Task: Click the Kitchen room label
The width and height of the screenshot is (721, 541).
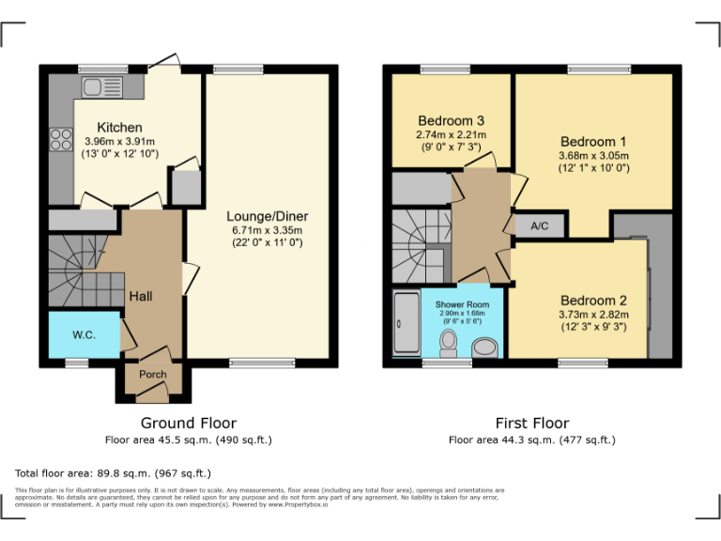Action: tap(120, 128)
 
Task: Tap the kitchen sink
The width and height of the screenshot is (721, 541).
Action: tap(98, 87)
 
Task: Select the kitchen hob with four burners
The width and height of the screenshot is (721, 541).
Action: tap(62, 139)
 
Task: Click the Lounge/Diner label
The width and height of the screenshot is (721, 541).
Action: tap(268, 216)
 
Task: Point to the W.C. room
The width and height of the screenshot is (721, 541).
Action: tap(84, 335)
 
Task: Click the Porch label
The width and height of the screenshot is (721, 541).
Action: tap(153, 374)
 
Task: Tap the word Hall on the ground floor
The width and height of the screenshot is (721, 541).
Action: tap(141, 296)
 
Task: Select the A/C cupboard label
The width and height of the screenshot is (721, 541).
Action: tap(539, 226)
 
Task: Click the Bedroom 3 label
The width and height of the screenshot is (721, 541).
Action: tap(451, 121)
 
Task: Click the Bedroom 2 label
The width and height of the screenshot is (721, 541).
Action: tap(593, 301)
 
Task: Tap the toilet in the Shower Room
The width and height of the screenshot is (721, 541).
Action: tap(448, 339)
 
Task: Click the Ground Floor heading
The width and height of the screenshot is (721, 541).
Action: tap(189, 423)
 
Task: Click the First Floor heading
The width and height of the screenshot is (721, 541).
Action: tap(531, 423)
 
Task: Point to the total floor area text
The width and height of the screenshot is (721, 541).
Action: tap(114, 473)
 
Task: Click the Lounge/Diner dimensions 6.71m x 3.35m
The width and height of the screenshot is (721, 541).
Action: tap(268, 230)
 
